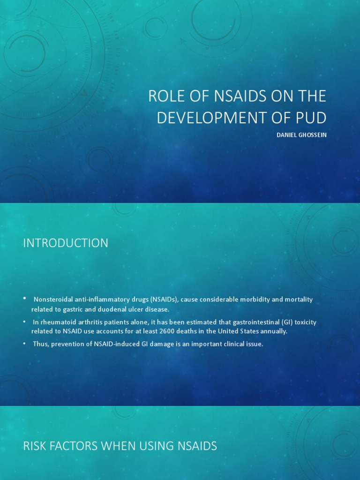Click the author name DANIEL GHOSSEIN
tap(301, 135)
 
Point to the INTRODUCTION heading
tap(66, 243)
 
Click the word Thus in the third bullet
tap(40, 344)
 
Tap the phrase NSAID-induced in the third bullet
tap(106, 344)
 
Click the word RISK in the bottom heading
tap(35, 446)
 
